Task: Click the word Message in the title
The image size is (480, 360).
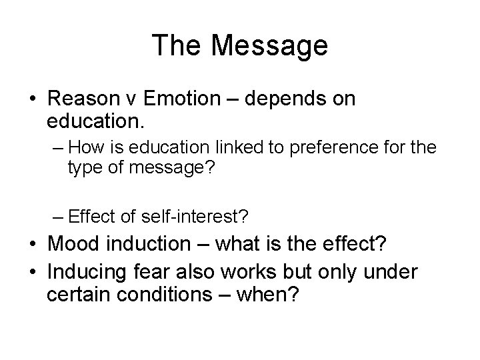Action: click(270, 45)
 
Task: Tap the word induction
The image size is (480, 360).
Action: click(147, 245)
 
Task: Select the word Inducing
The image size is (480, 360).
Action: click(92, 273)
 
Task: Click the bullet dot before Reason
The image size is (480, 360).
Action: click(32, 101)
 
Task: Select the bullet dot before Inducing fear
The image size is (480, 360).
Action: click(32, 273)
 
